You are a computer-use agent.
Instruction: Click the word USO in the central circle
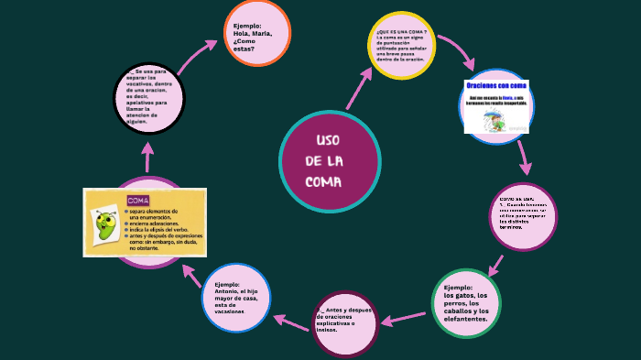328,140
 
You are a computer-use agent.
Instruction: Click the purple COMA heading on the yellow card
138,200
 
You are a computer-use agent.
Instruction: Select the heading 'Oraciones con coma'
495,86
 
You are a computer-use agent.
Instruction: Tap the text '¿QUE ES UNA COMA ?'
400,31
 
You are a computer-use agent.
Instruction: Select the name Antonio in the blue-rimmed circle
228,292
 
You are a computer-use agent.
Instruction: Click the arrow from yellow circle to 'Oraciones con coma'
457,52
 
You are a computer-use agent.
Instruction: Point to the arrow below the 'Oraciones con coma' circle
524,157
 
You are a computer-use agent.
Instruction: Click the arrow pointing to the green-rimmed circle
495,264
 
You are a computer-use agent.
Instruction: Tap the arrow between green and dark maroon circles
403,319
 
